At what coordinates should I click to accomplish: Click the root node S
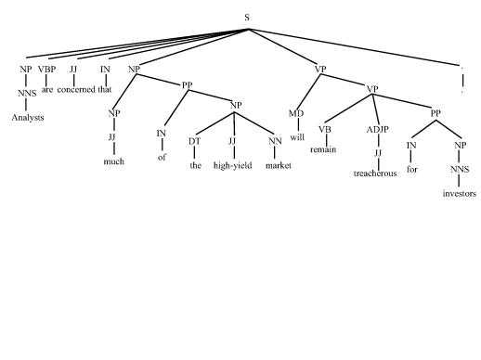pos(247,18)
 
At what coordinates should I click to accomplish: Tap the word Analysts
pos(28,118)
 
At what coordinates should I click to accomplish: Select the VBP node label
pos(46,70)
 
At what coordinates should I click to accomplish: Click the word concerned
pos(76,90)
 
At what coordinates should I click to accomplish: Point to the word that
pos(105,90)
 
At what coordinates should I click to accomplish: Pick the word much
pos(114,161)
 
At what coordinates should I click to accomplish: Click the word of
pos(162,158)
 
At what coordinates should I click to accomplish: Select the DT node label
pos(194,141)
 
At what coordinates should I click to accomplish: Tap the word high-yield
pos(233,166)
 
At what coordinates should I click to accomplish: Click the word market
pos(279,166)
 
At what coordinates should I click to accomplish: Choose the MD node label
pos(296,113)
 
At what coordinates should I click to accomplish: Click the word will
pos(297,137)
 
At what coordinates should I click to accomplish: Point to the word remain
pos(323,149)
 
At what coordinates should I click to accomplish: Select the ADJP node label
pos(378,130)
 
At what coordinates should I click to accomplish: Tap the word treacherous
pos(375,174)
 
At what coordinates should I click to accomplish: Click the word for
pos(412,170)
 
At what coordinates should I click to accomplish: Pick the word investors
pos(460,194)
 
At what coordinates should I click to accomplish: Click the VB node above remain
pos(325,130)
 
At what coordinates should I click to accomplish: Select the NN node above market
pos(275,141)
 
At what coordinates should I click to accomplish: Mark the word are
pos(47,90)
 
